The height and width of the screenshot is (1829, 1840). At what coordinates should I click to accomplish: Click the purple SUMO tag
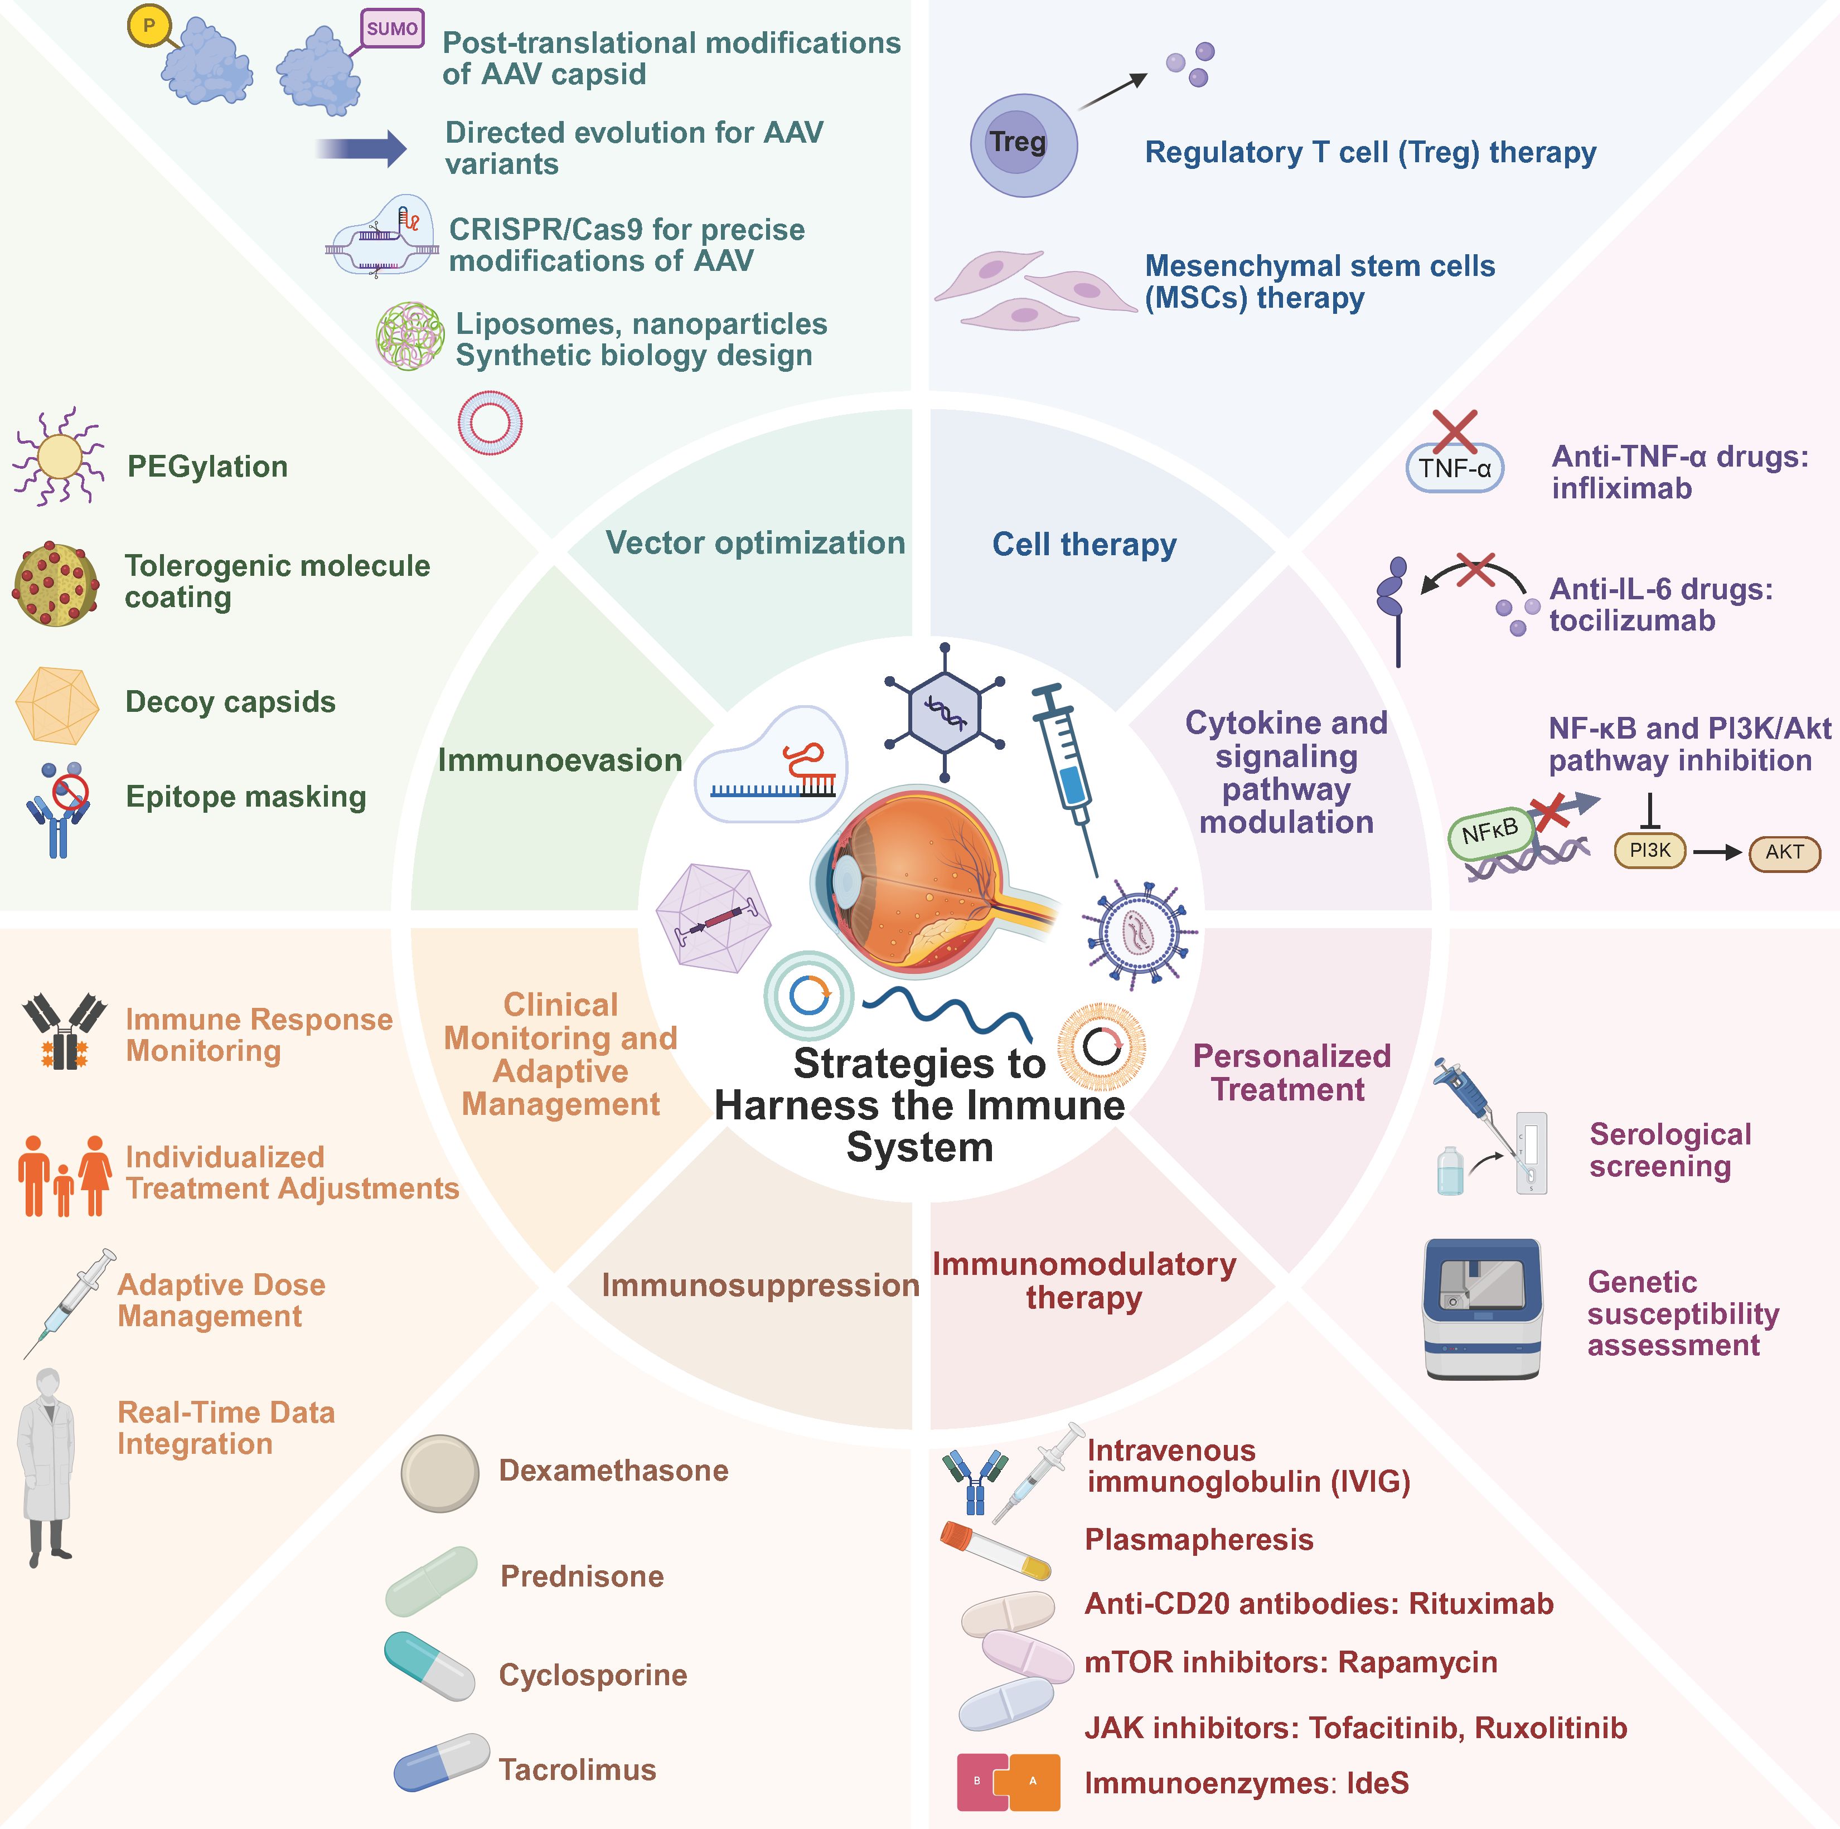point(391,28)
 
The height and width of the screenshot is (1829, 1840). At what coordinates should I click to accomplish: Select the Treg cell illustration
point(1023,145)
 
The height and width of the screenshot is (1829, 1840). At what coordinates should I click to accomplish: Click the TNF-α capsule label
point(1454,468)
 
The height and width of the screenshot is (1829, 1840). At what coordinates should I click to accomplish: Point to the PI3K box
point(1649,850)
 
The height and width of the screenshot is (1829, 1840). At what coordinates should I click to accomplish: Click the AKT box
point(1784,852)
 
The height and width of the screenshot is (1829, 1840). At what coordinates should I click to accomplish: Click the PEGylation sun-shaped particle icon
point(59,457)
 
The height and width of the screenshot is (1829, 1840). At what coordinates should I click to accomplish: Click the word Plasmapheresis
point(1198,1540)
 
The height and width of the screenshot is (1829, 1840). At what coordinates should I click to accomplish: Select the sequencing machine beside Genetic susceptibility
point(1482,1308)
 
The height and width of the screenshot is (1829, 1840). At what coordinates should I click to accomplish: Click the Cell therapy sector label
point(1084,545)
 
